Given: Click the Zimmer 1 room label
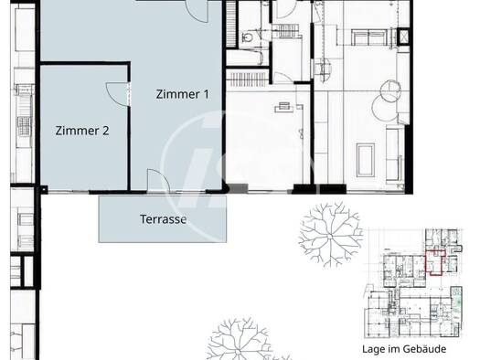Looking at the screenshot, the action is click(183, 94).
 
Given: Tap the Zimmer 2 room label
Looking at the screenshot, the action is click(82, 131).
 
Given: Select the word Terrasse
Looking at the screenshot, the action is click(163, 219).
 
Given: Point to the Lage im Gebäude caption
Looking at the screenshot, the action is click(404, 349).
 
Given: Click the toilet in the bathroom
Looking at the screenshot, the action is click(247, 37).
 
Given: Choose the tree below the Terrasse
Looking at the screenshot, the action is click(239, 341).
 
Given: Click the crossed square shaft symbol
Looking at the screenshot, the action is click(404, 37).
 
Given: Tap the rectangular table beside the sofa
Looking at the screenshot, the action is click(366, 160).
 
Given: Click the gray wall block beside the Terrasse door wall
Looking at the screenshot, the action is click(238, 188).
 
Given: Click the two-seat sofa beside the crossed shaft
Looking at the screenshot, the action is click(368, 37).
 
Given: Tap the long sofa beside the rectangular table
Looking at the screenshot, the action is click(394, 154).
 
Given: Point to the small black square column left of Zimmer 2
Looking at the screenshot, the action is click(44, 190).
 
